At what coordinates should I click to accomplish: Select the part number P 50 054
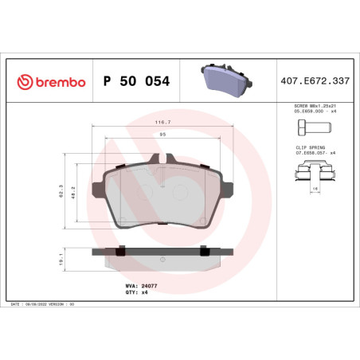[x=136, y=81]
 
